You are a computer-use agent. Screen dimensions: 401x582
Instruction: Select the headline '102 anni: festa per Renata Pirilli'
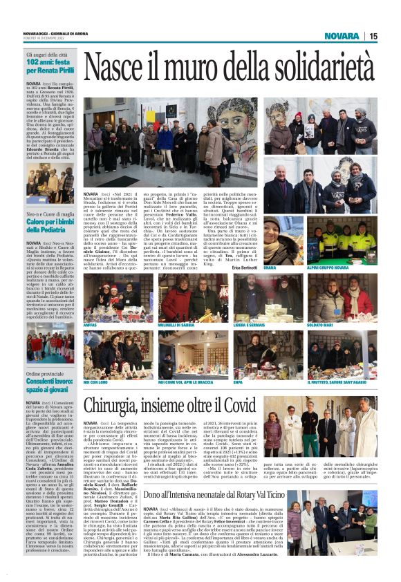(50, 66)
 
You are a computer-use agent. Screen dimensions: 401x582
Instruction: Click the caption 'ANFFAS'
(90, 324)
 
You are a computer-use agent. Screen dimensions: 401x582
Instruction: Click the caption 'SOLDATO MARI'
(319, 324)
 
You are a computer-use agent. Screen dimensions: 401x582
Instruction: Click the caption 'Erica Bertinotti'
(246, 267)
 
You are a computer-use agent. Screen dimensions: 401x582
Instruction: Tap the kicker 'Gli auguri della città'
(46, 54)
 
